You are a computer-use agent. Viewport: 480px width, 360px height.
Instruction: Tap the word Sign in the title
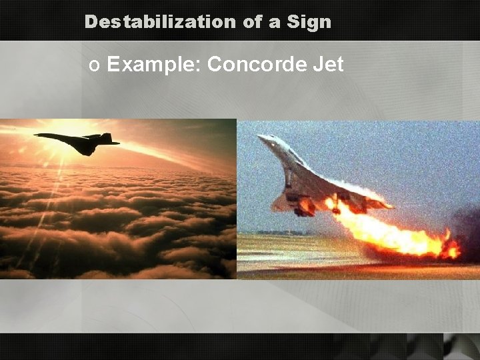click(309, 23)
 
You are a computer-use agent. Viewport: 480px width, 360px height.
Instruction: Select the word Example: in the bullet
click(154, 65)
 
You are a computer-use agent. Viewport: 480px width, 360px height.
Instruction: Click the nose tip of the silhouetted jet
click(36, 135)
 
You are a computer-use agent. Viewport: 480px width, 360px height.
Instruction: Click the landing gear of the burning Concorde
click(303, 207)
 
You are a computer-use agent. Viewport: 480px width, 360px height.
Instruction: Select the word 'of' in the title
click(253, 22)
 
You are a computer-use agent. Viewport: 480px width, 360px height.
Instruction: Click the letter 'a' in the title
click(275, 23)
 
